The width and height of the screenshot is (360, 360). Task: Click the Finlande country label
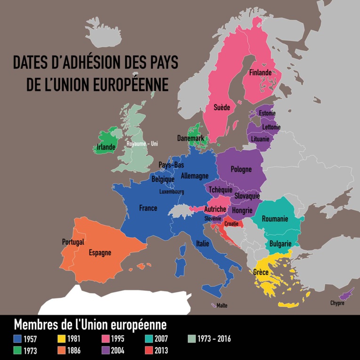pos(260,72)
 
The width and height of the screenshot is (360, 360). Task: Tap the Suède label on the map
pos(222,107)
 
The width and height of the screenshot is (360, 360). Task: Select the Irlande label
pos(106,147)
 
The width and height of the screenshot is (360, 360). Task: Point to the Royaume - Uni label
pos(142,144)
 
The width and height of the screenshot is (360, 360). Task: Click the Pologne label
pos(241,169)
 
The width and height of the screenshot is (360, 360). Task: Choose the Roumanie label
pos(275,219)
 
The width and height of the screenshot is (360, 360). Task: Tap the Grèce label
pos(261,272)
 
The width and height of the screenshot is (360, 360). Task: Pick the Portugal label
pos(73,242)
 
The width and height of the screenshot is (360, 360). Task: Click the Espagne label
pos(100,253)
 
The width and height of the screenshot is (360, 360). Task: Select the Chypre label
pos(337,303)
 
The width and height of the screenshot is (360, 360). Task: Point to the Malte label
pos(222,305)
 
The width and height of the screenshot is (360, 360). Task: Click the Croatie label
pos(231,224)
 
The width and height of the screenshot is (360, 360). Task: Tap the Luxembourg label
pos(171,192)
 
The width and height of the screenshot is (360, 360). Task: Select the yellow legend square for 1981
pos(62,338)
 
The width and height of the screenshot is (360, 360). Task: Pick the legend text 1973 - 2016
pos(215,338)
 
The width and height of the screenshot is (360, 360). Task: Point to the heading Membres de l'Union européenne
pos(90,324)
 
